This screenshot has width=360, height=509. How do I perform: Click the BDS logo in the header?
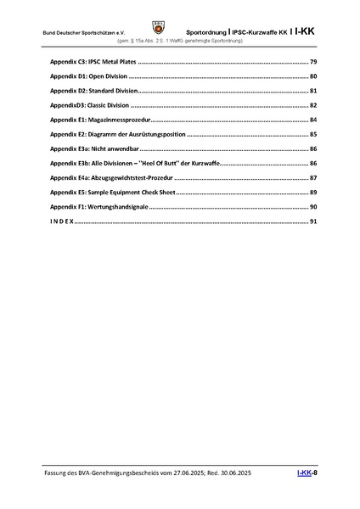coord(181,26)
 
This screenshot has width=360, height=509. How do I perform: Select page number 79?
coord(312,63)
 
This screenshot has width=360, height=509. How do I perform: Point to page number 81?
coord(312,91)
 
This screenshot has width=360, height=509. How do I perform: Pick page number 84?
coord(312,120)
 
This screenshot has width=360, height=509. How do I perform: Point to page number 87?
coord(312,177)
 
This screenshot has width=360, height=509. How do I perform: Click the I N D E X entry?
coord(61,221)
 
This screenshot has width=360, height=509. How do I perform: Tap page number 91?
coord(312,221)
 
